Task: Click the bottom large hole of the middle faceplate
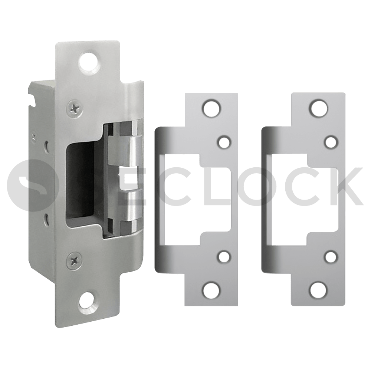211,289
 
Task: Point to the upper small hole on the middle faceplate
224,142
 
